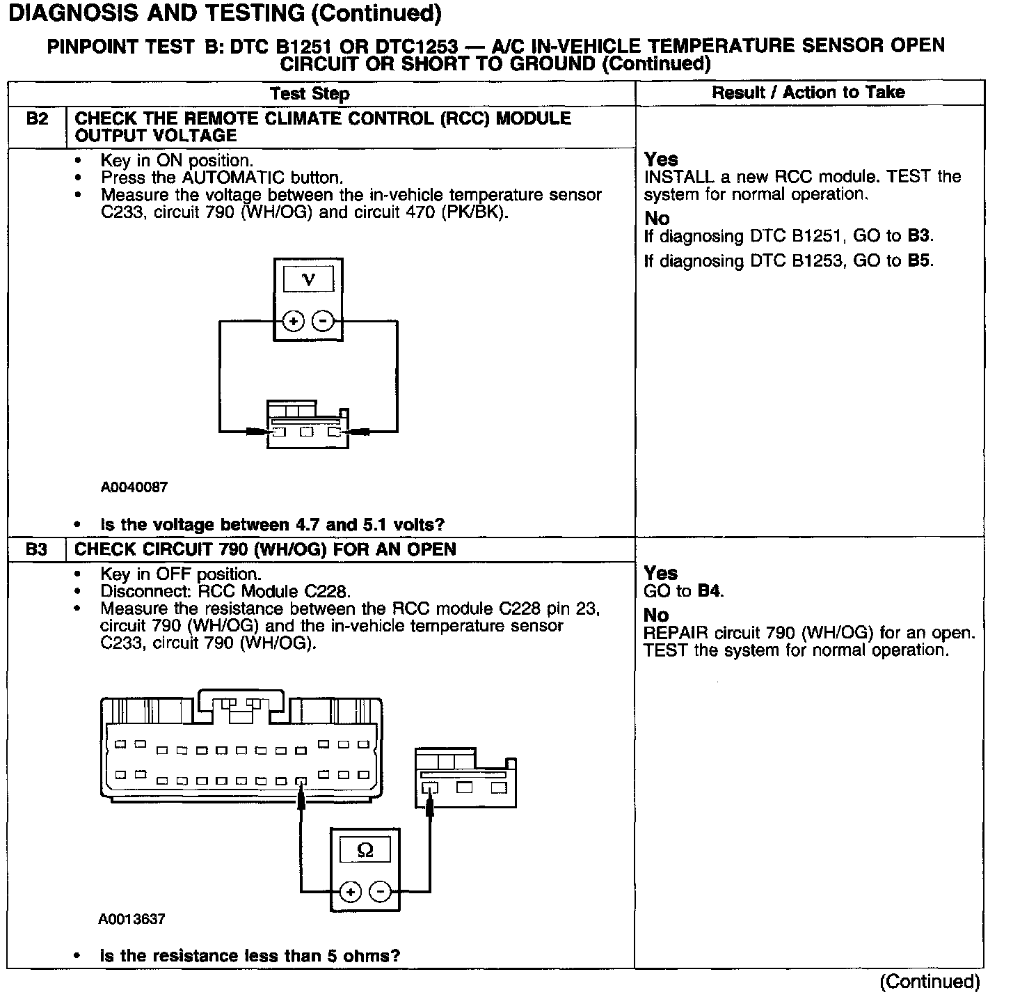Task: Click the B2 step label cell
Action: coord(37,119)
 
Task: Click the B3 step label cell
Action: coord(37,549)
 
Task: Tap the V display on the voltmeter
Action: coord(309,280)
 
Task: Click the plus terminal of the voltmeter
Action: coord(294,321)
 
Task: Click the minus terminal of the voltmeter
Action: coord(323,321)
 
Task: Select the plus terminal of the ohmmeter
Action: coord(351,892)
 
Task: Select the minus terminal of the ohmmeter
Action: coord(380,892)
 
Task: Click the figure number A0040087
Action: coord(134,487)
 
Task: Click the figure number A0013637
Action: coord(132,919)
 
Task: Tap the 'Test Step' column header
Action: coord(310,93)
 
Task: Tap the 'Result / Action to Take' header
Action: coord(808,93)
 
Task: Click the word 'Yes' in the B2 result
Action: coord(661,159)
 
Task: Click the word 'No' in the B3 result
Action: coord(657,615)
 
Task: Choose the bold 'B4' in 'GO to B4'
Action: coord(709,591)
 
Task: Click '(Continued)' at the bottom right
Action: coord(930,982)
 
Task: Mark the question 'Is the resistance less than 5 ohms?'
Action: coord(250,956)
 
